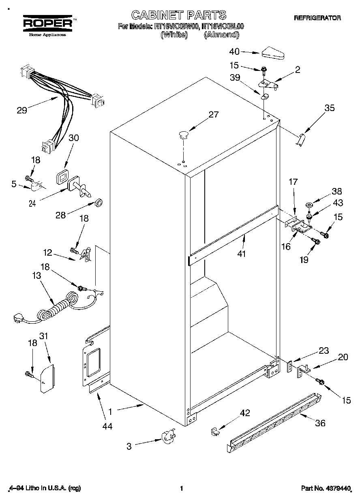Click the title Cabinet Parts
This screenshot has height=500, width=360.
[179, 15]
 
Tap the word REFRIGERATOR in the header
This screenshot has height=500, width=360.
[317, 18]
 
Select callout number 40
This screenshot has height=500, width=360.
[234, 51]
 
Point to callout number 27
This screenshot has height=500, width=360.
[213, 115]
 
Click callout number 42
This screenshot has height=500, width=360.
[245, 413]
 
